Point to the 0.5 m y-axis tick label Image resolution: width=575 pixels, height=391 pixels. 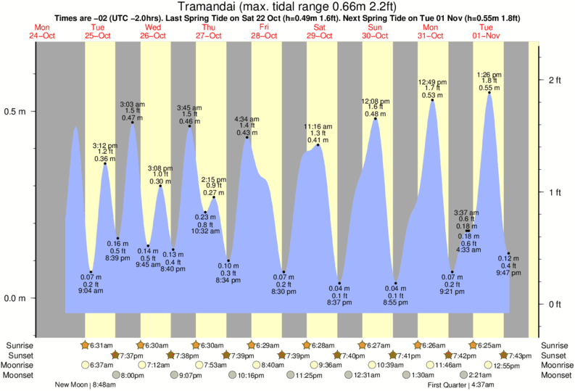(x=16, y=112)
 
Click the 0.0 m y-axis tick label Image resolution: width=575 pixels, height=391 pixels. (x=16, y=298)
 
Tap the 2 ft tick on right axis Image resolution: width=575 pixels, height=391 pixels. (x=555, y=80)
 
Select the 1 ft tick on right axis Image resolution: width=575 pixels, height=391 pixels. (x=555, y=192)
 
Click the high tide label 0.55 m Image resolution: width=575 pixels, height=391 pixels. (x=489, y=88)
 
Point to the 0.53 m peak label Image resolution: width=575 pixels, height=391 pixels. (x=433, y=96)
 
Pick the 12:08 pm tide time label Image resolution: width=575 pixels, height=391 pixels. (x=376, y=101)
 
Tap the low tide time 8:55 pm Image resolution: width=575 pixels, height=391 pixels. (x=396, y=302)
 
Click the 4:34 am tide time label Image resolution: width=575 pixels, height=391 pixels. (x=247, y=118)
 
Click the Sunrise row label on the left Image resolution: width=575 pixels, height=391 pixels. (x=19, y=345)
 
